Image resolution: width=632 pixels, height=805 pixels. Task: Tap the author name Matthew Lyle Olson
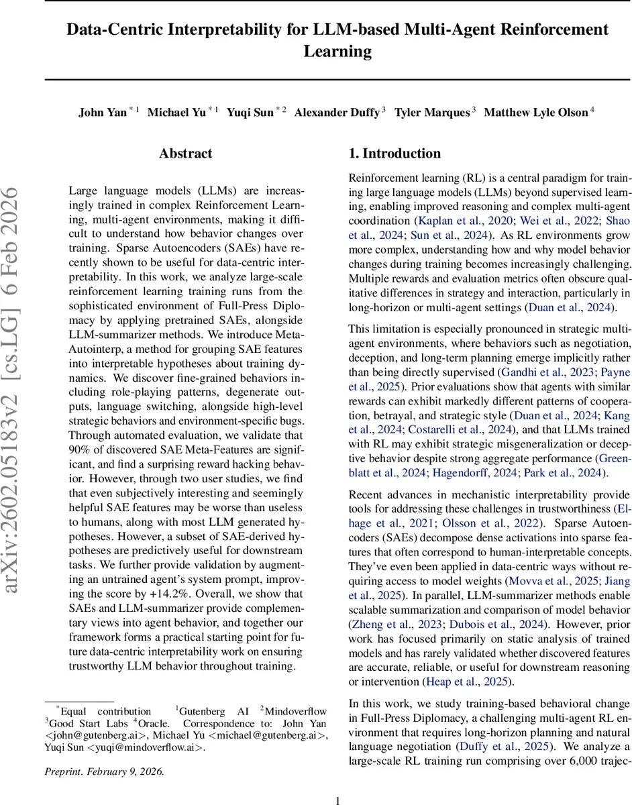point(536,113)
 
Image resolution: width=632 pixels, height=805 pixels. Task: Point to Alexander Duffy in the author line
point(336,113)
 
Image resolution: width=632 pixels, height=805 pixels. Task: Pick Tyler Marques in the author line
point(431,113)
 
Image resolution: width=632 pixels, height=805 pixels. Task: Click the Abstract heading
point(186,154)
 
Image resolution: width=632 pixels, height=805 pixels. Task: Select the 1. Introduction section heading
point(394,154)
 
